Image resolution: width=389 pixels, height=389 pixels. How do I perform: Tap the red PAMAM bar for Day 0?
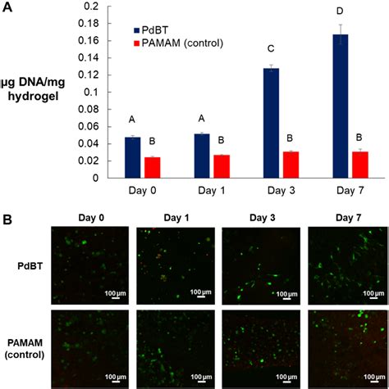(x=151, y=167)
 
